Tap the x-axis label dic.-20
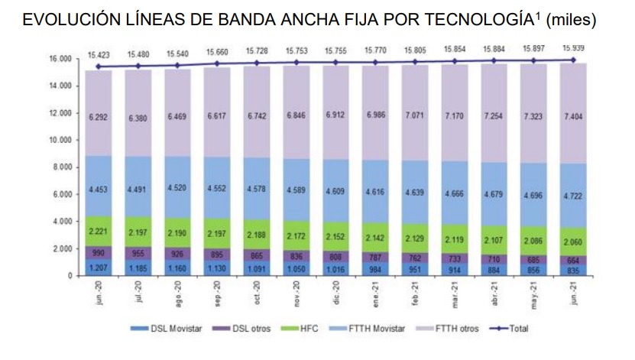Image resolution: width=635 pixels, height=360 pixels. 336,293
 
